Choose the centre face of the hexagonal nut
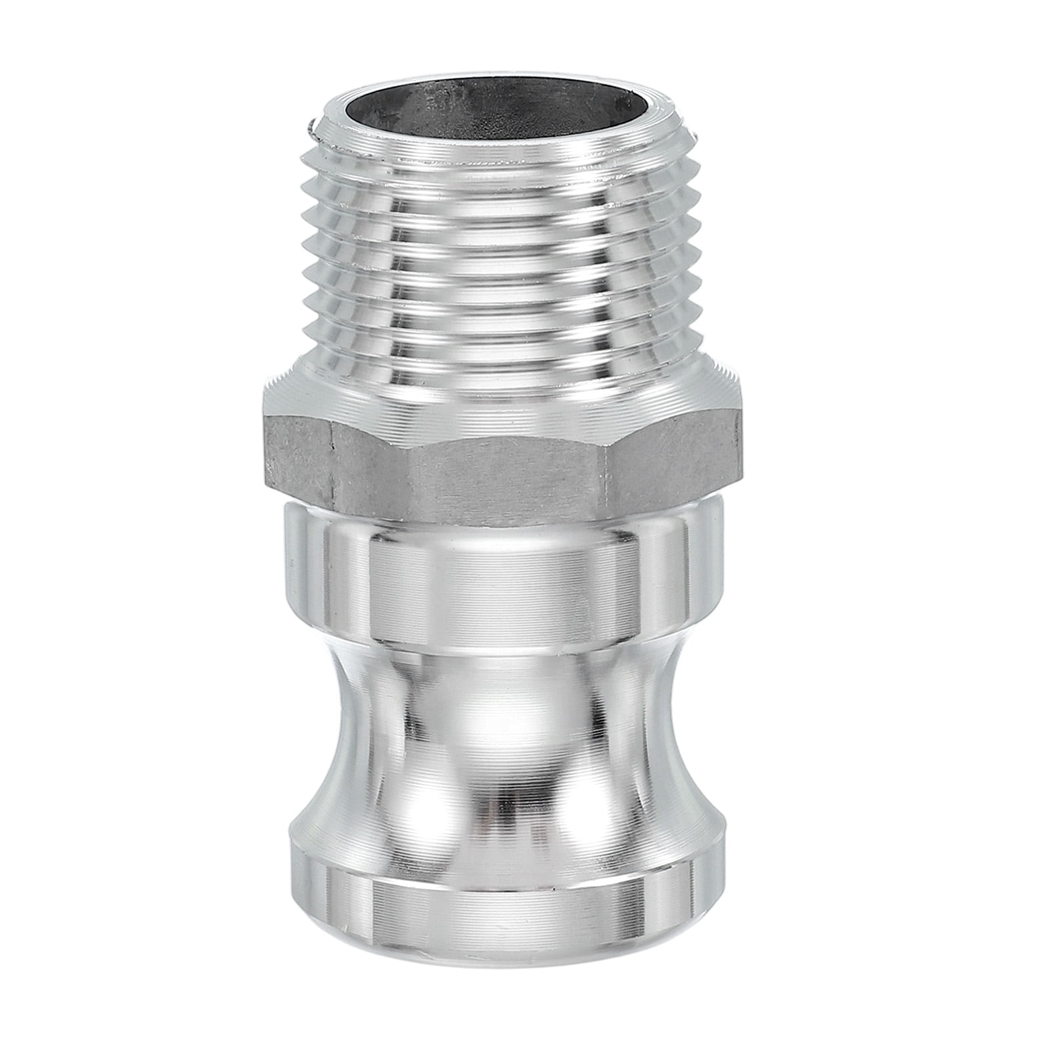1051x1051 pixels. (x=506, y=460)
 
